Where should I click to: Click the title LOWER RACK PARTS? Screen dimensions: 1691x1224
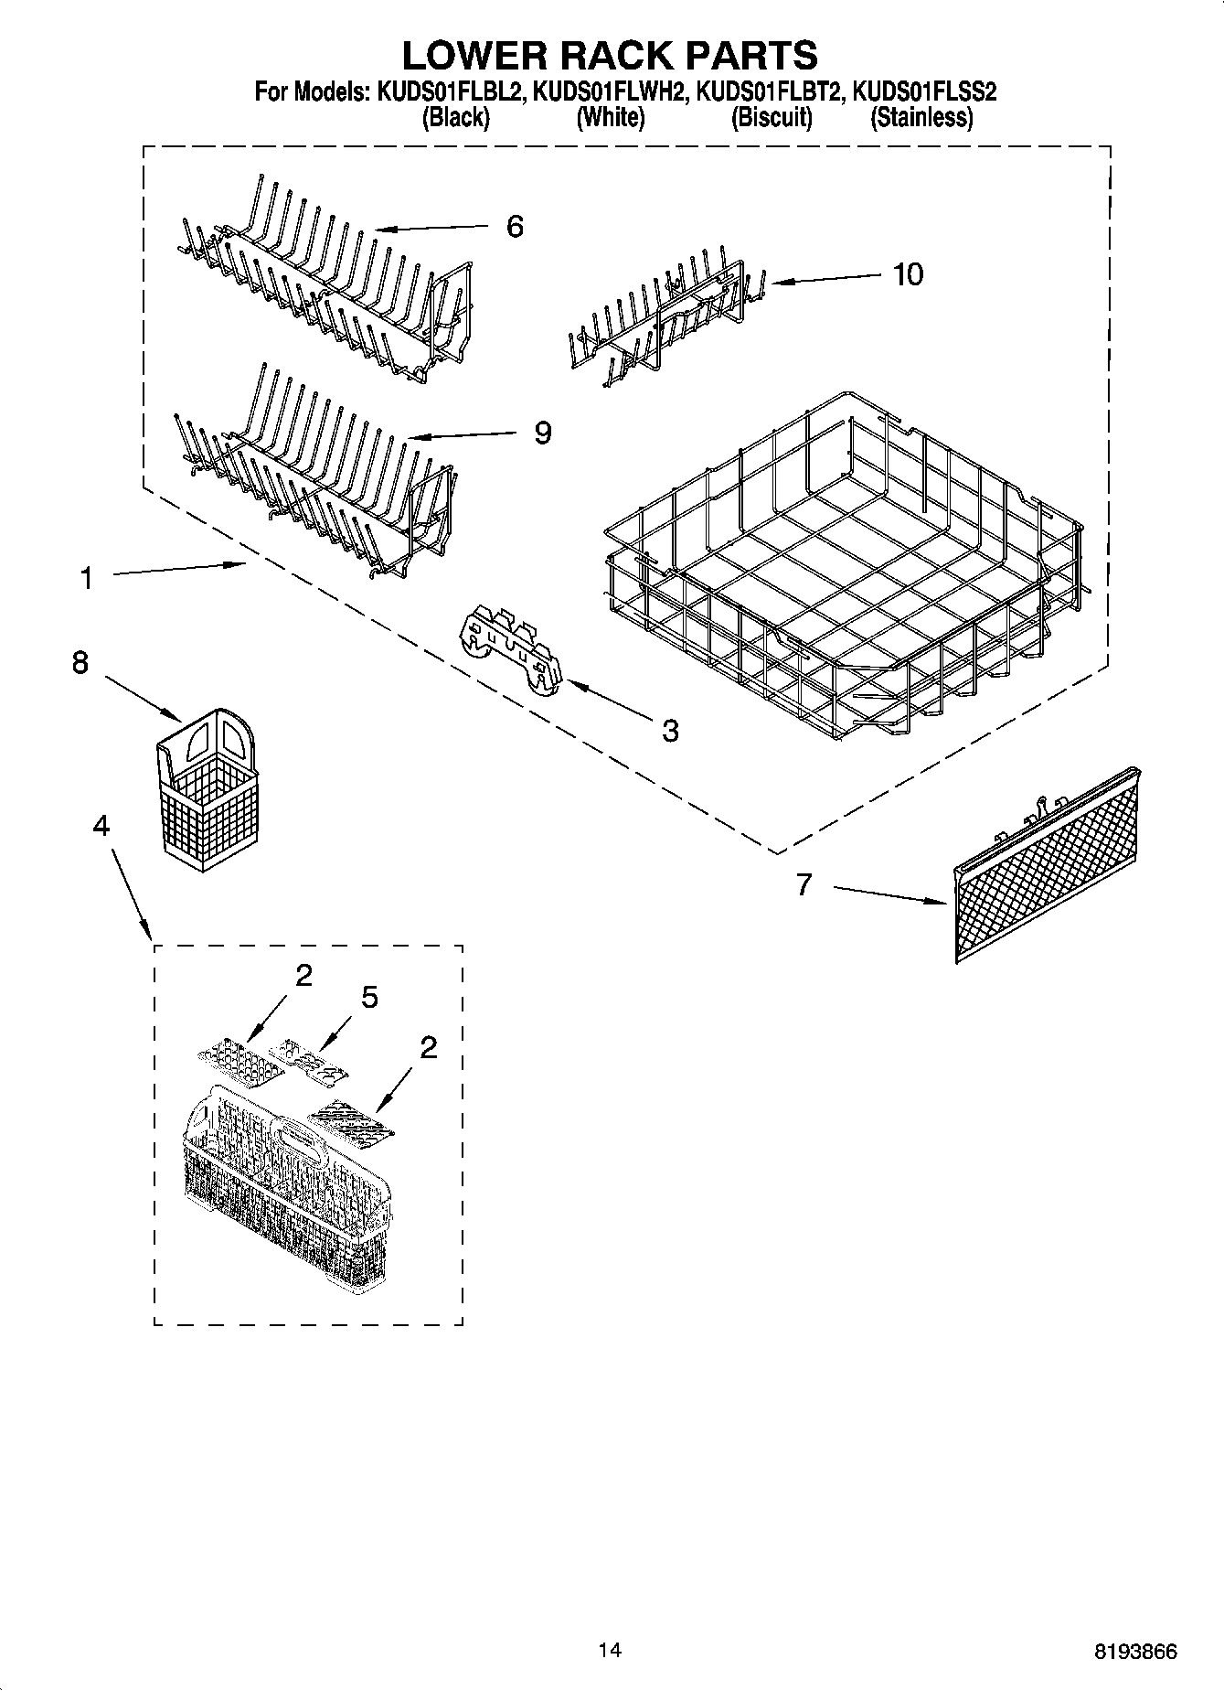(x=610, y=55)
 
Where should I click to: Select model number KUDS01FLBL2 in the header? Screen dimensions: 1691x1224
(x=445, y=91)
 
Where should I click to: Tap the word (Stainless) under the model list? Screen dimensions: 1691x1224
(x=921, y=117)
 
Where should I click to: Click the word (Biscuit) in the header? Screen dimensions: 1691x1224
(x=772, y=117)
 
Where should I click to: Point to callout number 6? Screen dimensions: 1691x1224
(x=515, y=227)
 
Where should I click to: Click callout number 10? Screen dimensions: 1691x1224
(x=908, y=273)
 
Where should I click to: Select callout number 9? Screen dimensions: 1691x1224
(x=542, y=433)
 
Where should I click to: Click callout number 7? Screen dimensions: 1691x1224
(x=804, y=884)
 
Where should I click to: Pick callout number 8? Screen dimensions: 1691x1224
(x=80, y=663)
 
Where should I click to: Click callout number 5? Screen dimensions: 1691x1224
(x=369, y=998)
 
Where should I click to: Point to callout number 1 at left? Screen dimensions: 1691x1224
(x=86, y=578)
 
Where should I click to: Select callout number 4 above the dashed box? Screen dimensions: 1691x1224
(x=101, y=826)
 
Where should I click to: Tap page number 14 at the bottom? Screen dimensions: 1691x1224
(x=610, y=1651)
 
